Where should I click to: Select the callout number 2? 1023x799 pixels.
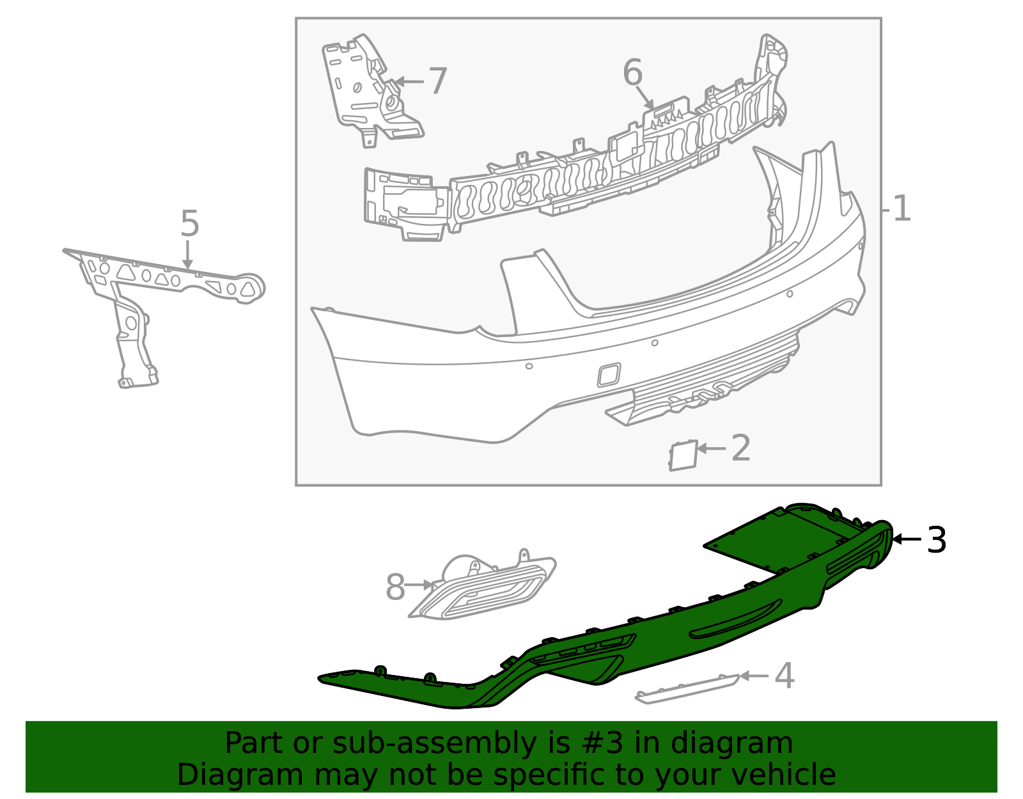pyautogui.click(x=741, y=448)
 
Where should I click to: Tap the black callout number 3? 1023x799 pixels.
pyautogui.click(x=937, y=540)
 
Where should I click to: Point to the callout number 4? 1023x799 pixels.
pyautogui.click(x=785, y=676)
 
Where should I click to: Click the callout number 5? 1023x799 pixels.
pyautogui.click(x=190, y=224)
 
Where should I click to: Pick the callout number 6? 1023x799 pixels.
pyautogui.click(x=632, y=72)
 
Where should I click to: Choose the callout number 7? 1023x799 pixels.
pyautogui.click(x=438, y=81)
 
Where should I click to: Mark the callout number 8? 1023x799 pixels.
pyautogui.click(x=395, y=587)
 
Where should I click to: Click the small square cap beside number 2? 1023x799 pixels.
pyautogui.click(x=683, y=455)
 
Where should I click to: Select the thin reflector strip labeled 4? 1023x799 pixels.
pyautogui.click(x=687, y=689)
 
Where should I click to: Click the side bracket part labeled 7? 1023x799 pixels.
pyautogui.click(x=372, y=90)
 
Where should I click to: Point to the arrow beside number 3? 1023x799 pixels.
pyautogui.click(x=907, y=539)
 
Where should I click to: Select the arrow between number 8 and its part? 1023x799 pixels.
pyautogui.click(x=419, y=585)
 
